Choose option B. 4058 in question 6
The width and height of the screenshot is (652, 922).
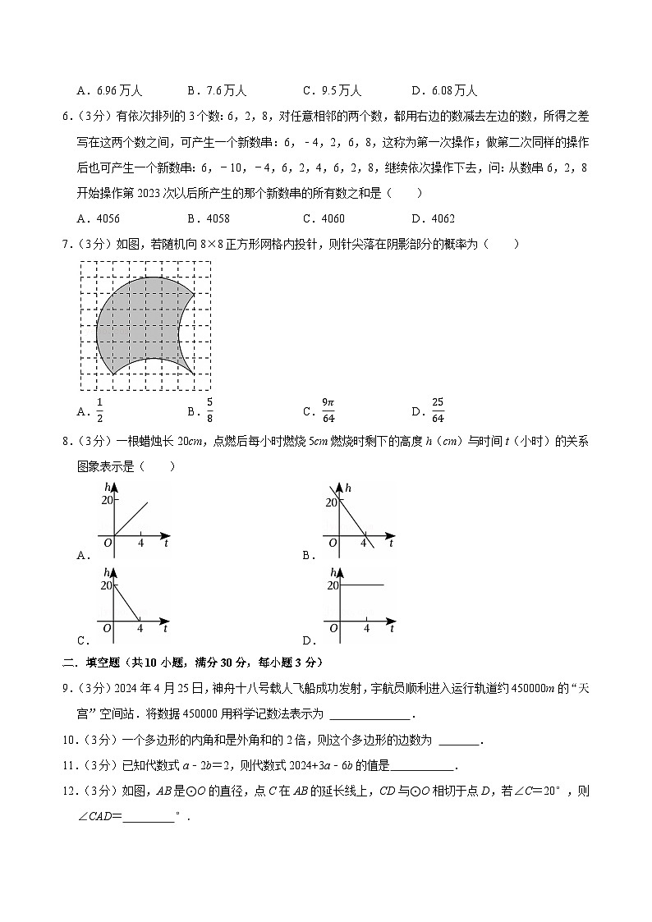208,218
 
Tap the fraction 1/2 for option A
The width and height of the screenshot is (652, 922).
100,407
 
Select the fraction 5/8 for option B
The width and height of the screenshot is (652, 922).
209,407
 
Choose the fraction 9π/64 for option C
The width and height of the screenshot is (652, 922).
328,407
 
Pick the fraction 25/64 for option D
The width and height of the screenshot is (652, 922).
438,407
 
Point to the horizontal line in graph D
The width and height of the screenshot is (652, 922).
361,585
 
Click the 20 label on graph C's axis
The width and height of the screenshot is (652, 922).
105,585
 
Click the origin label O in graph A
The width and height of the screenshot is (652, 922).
107,543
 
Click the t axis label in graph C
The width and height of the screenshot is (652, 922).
166,628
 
